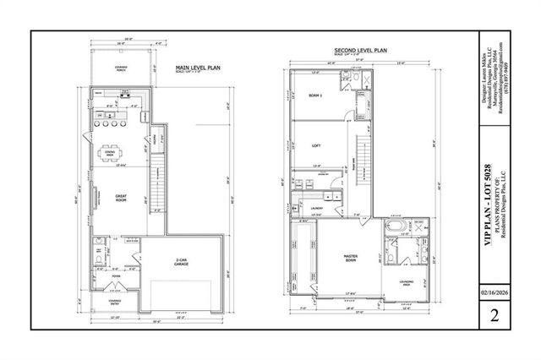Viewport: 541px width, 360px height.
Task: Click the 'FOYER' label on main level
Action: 116,275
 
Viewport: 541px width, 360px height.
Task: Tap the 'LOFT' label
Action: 316,145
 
